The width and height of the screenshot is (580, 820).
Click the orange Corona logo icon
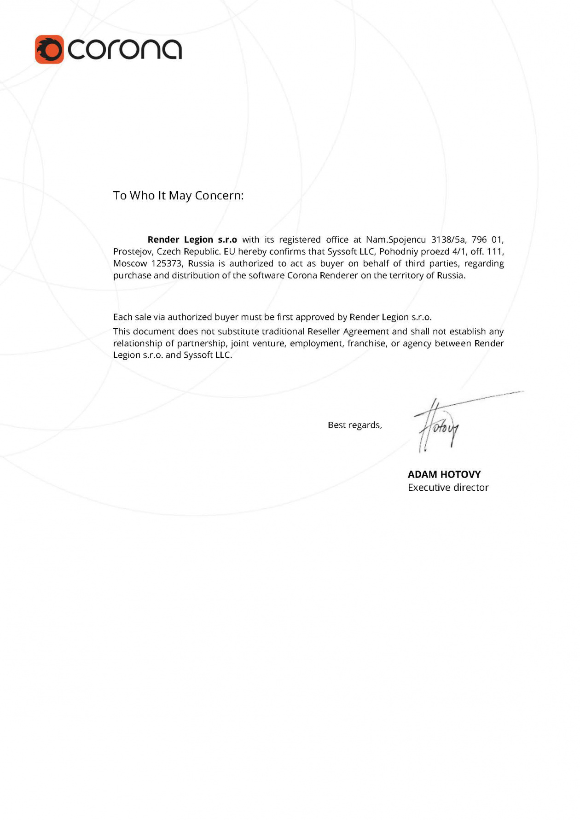pyautogui.click(x=49, y=49)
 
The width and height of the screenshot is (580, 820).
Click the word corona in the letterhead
pyautogui.click(x=125, y=49)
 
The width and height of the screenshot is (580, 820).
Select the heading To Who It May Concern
pyautogui.click(x=178, y=196)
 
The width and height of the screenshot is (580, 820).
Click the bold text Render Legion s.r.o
pyautogui.click(x=192, y=239)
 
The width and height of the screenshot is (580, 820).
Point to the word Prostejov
pyautogui.click(x=133, y=252)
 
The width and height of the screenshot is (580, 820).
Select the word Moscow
pyautogui.click(x=129, y=264)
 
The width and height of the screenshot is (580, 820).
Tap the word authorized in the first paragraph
pyautogui.click(x=251, y=264)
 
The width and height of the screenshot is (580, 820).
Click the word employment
pyautogui.click(x=316, y=343)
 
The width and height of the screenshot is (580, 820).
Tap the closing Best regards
pyautogui.click(x=354, y=425)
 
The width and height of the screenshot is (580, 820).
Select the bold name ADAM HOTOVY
pyautogui.click(x=444, y=475)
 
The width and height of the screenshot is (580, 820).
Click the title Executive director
pyautogui.click(x=448, y=488)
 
